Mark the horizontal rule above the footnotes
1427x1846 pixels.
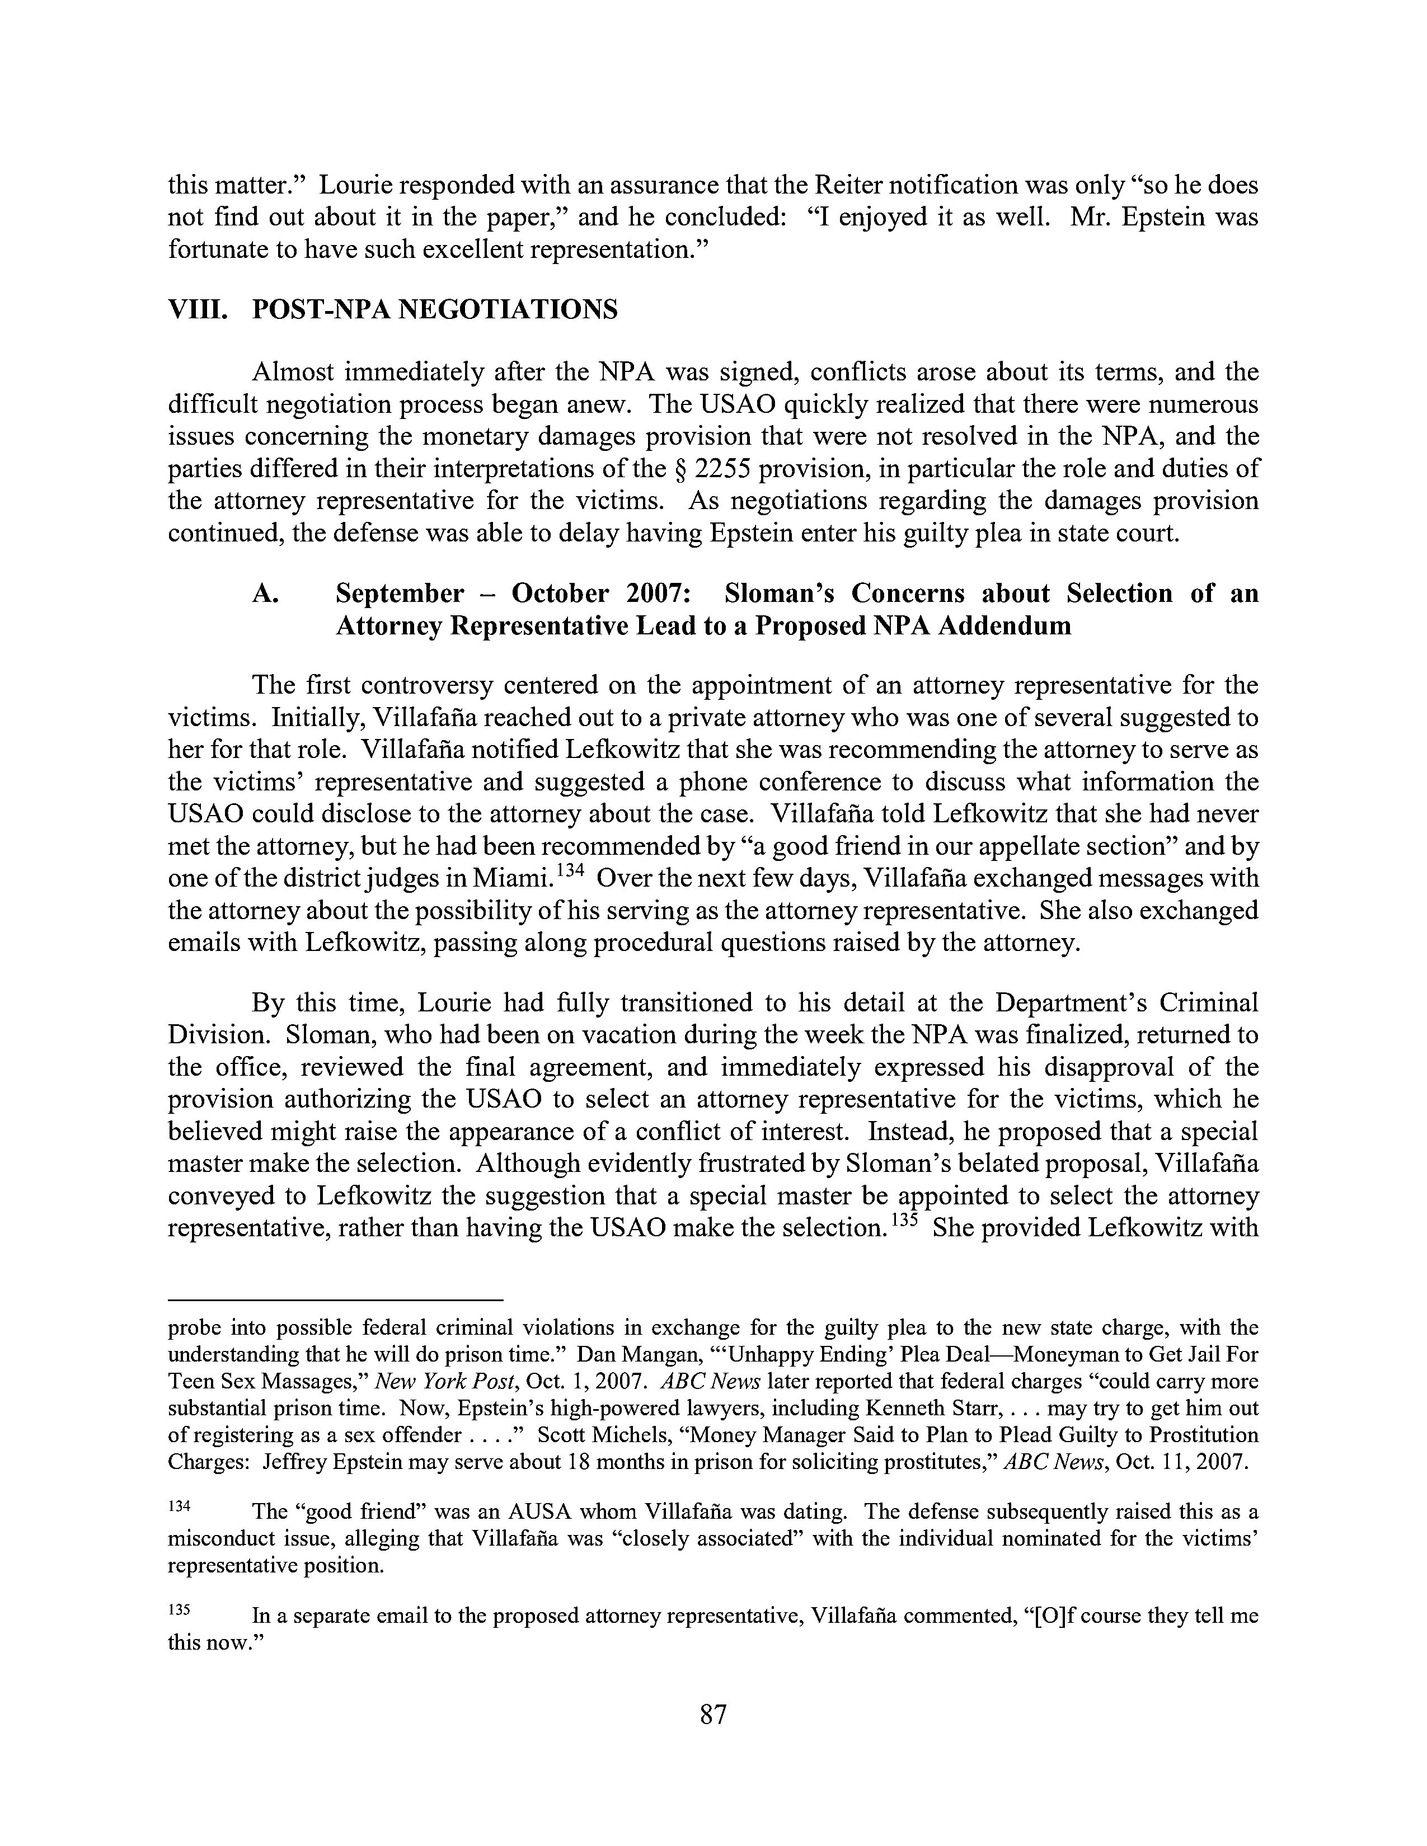pyautogui.click(x=336, y=1299)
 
